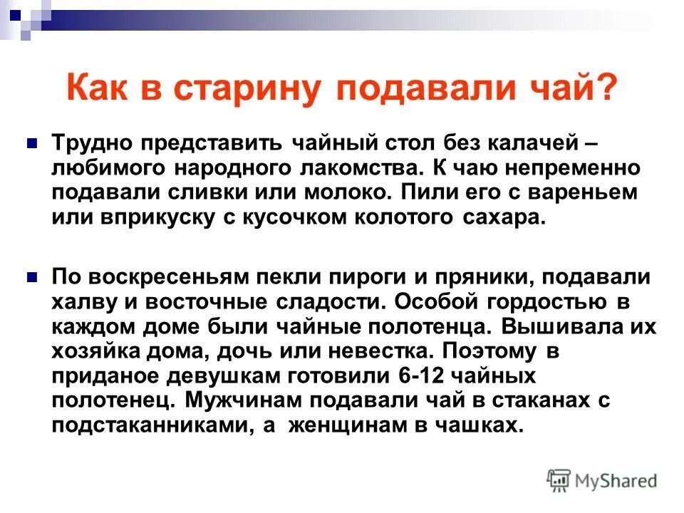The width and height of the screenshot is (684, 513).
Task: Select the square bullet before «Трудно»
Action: point(31,142)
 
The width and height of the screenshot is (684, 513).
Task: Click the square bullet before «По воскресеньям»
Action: point(31,276)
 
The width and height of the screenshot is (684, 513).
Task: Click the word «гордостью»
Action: point(542,301)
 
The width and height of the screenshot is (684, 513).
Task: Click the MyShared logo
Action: point(602,480)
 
